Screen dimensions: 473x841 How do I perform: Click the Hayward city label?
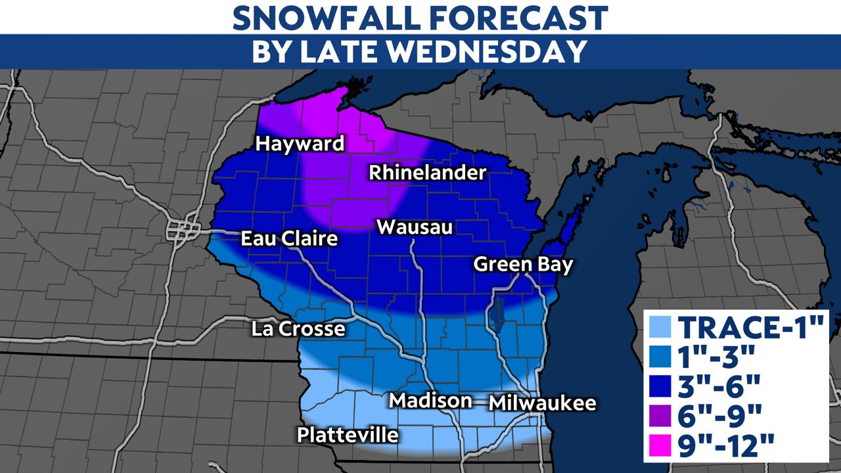click(x=300, y=144)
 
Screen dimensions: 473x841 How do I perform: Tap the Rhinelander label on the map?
click(x=427, y=173)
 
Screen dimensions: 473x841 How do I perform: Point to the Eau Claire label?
click(x=289, y=238)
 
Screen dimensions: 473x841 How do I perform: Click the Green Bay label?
click(x=523, y=265)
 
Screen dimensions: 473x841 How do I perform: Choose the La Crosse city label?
click(x=298, y=328)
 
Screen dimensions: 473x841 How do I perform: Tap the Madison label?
click(x=430, y=401)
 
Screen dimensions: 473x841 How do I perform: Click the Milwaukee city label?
click(x=543, y=403)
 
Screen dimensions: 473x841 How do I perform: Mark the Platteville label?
click(x=348, y=435)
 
